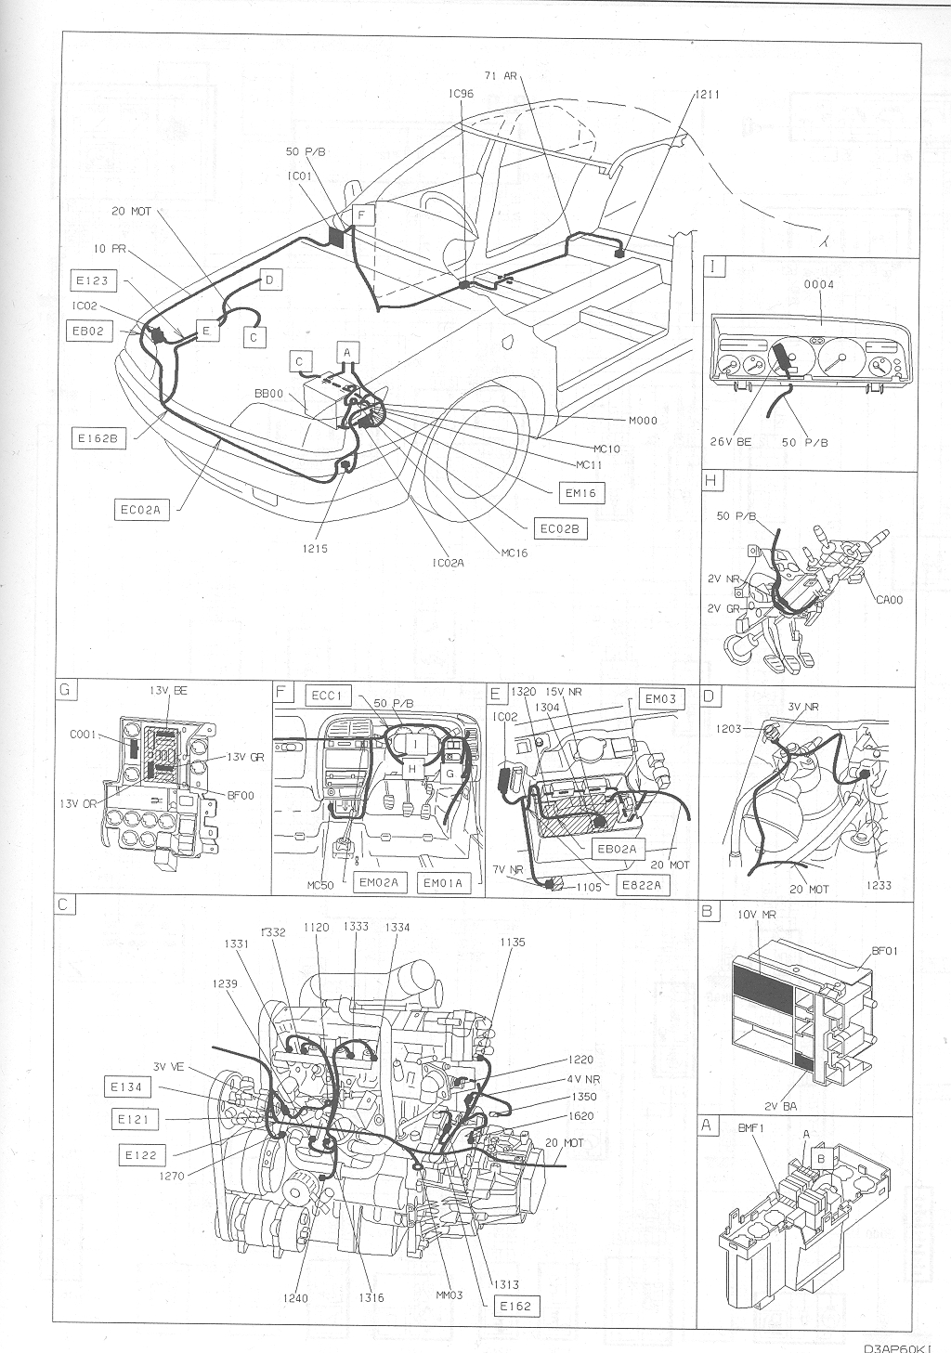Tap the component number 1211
click(706, 95)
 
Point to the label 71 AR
click(501, 76)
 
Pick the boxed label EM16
click(579, 493)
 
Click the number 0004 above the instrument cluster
click(818, 284)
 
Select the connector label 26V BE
click(731, 442)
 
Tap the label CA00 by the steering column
click(888, 600)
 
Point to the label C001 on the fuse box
click(84, 734)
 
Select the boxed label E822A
click(642, 885)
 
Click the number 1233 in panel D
click(878, 885)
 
